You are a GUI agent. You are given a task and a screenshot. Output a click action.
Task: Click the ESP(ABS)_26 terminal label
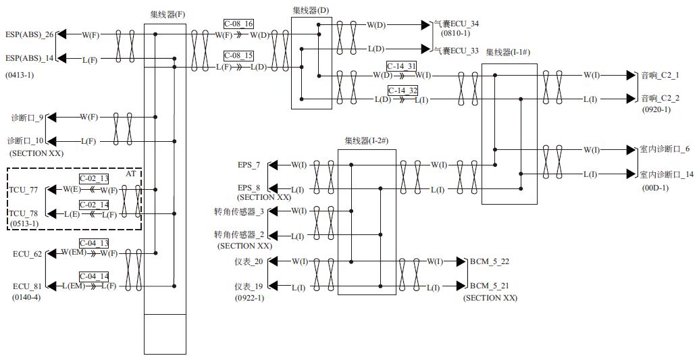tap(30, 34)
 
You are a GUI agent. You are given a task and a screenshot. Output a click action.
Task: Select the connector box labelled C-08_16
tap(240, 24)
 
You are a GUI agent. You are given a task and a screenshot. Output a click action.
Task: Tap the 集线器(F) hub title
tap(165, 14)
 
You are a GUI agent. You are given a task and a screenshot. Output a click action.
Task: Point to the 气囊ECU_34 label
tap(456, 24)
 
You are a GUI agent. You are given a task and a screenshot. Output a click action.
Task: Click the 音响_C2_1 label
tap(661, 75)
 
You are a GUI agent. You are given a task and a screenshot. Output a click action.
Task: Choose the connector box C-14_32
tap(402, 90)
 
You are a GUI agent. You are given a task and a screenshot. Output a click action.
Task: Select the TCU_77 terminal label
tap(25, 190)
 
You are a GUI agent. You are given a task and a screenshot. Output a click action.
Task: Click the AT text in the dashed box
tap(131, 174)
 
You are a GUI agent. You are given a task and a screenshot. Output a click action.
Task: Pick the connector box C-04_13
tap(93, 242)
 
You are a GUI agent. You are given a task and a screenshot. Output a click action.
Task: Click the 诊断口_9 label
tap(26, 118)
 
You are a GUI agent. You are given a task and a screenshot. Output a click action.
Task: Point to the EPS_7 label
tap(249, 164)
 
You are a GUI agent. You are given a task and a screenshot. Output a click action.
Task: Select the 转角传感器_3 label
tap(238, 212)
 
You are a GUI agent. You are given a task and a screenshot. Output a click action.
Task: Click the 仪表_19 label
tap(249, 288)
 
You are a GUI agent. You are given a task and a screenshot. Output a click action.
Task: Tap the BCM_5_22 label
tap(490, 261)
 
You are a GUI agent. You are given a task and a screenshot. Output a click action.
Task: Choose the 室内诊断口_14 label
tap(666, 174)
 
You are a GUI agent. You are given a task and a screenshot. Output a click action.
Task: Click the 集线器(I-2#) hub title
tap(366, 141)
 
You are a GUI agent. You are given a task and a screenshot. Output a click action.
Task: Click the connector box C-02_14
tap(93, 204)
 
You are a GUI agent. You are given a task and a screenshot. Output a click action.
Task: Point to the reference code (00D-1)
tap(654, 188)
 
